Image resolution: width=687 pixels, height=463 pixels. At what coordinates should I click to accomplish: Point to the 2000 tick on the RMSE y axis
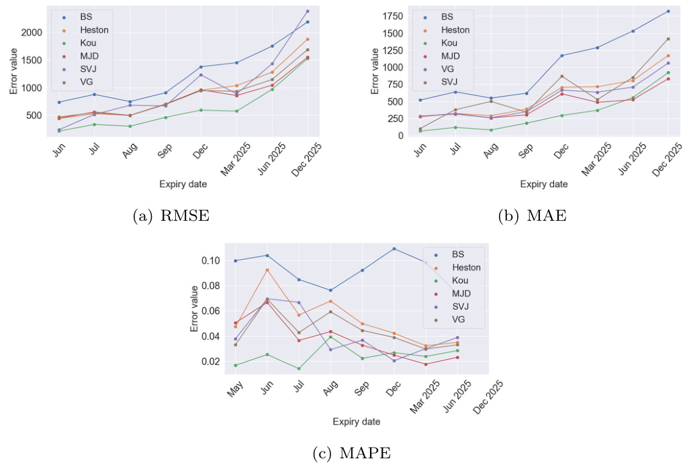pyautogui.click(x=32, y=32)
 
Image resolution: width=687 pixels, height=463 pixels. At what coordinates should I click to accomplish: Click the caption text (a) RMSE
pyautogui.click(x=171, y=215)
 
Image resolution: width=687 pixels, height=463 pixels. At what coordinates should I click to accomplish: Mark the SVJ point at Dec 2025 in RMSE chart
pyautogui.click(x=308, y=11)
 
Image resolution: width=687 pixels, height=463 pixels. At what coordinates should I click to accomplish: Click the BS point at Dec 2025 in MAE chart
pyautogui.click(x=668, y=11)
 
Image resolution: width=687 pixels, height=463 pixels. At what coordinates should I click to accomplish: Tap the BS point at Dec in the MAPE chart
pyautogui.click(x=394, y=249)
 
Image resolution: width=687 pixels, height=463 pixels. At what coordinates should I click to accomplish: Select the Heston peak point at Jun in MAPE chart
pyautogui.click(x=267, y=270)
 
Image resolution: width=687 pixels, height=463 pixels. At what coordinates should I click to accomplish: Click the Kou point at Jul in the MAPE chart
pyautogui.click(x=298, y=368)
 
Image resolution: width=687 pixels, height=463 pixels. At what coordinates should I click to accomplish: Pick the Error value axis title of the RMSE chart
pyautogui.click(x=13, y=75)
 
